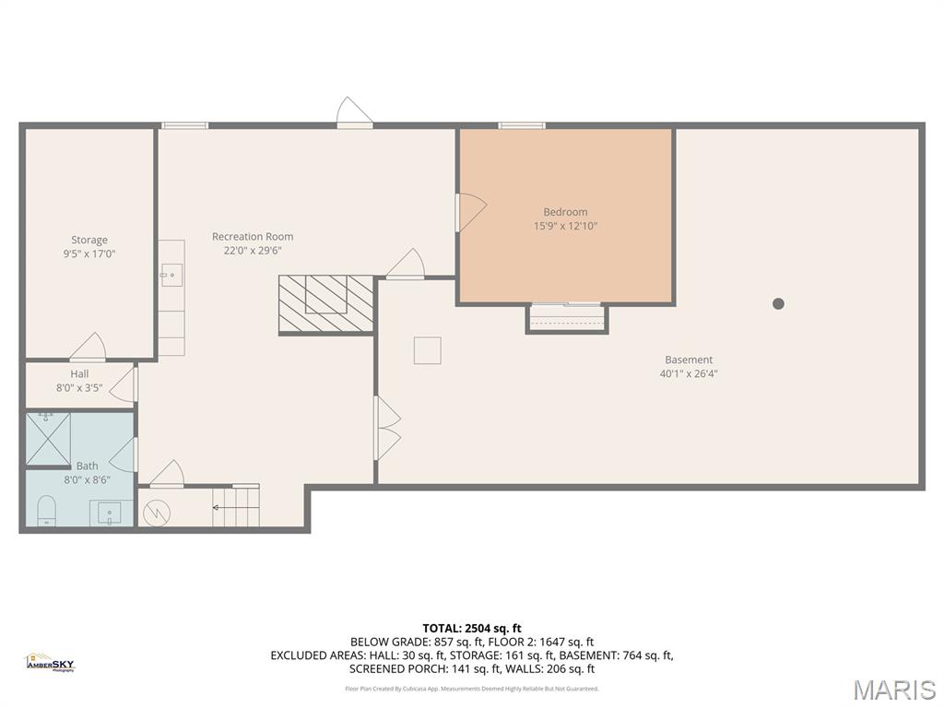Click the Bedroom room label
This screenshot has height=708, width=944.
click(x=564, y=212)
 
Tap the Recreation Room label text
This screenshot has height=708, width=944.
click(x=252, y=237)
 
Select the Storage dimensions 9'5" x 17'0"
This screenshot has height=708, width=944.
click(x=89, y=254)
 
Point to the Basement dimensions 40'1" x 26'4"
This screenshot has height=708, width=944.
click(x=689, y=374)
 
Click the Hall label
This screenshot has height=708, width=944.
click(x=79, y=374)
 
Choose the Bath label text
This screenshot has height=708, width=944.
click(x=87, y=466)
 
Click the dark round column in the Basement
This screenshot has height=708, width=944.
click(x=778, y=303)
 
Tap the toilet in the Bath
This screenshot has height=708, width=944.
click(x=47, y=511)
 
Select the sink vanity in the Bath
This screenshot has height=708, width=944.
click(x=112, y=513)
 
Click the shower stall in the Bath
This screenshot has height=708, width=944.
click(x=48, y=438)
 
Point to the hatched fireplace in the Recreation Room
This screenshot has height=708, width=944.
click(x=326, y=303)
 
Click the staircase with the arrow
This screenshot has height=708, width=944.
click(x=236, y=506)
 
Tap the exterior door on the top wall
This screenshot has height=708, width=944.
click(x=355, y=113)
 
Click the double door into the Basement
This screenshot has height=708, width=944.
click(x=386, y=429)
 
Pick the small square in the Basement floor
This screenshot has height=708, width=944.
click(x=427, y=350)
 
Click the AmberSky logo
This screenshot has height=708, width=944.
click(x=50, y=663)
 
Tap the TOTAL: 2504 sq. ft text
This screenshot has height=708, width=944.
click(x=472, y=629)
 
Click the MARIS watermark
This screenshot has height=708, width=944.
click(x=893, y=690)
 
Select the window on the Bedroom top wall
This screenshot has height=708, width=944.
click(x=522, y=125)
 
